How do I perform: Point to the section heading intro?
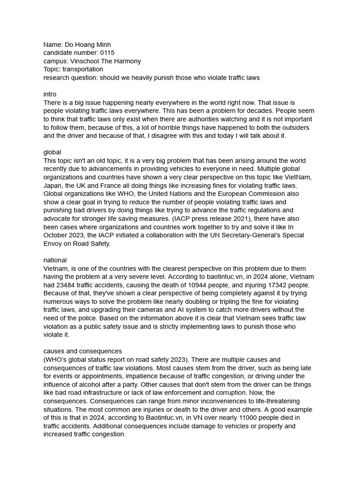50,94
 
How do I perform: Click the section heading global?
52,152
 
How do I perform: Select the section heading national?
55,260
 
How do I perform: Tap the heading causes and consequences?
82,351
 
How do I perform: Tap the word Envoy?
53,243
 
